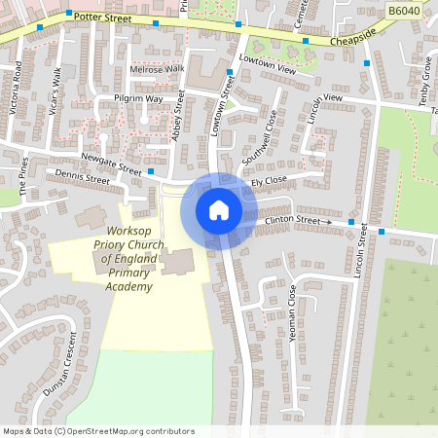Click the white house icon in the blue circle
click(x=219, y=209)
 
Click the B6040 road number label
click(x=403, y=11)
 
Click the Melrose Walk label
click(x=156, y=69)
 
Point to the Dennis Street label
click(x=83, y=178)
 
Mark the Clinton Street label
click(x=293, y=221)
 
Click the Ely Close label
click(x=268, y=181)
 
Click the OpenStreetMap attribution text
click(x=97, y=431)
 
